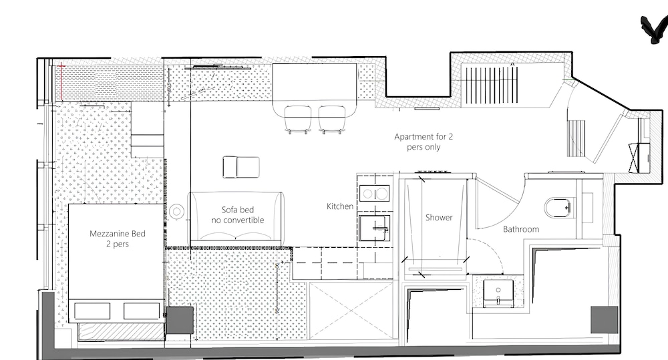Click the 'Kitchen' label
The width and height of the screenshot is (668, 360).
pyautogui.click(x=340, y=206)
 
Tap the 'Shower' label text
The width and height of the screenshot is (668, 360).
pyautogui.click(x=439, y=217)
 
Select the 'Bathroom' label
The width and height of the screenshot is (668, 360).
pyautogui.click(x=521, y=229)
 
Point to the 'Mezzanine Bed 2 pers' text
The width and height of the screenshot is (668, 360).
pyautogui.click(x=118, y=238)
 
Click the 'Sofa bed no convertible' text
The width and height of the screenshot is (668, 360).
pyautogui.click(x=238, y=214)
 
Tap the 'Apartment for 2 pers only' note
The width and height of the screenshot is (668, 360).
pyautogui.click(x=424, y=142)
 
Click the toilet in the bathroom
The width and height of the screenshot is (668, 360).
pyautogui.click(x=558, y=208)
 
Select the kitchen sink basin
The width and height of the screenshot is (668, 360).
pyautogui.click(x=374, y=228)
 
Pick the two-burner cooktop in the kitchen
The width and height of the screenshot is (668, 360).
pyautogui.click(x=374, y=194)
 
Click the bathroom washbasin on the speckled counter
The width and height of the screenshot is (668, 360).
pyautogui.click(x=498, y=293)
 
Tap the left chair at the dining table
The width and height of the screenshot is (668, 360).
pyautogui.click(x=298, y=120)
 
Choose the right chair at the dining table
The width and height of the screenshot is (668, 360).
pyautogui.click(x=332, y=120)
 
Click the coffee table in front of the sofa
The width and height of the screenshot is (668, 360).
pyautogui.click(x=241, y=167)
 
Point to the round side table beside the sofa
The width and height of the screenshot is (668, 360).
pyautogui.click(x=176, y=211)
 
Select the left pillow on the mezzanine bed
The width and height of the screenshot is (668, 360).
pyautogui.click(x=92, y=311)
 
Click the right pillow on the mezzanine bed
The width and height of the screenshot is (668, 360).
pyautogui.click(x=142, y=311)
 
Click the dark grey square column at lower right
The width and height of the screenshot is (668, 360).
pyautogui.click(x=604, y=319)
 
